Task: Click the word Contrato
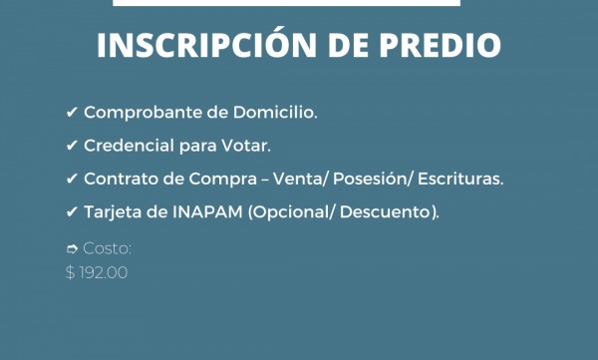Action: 120,179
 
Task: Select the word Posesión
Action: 354,179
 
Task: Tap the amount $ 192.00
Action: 97,271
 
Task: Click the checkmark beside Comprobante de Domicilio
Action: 72,113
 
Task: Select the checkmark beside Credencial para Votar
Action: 72,146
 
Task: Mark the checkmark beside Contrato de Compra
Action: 72,179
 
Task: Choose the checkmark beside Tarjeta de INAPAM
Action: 72,211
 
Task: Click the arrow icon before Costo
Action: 72,248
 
